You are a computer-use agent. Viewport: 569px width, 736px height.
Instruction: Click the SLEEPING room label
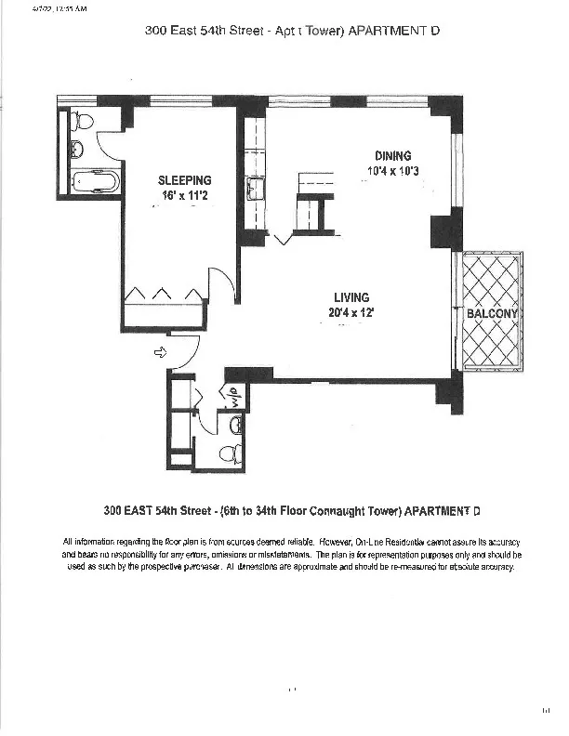[184, 180]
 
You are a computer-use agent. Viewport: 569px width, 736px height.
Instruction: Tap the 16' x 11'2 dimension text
[184, 196]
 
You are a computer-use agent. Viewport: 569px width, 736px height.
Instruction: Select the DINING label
[392, 156]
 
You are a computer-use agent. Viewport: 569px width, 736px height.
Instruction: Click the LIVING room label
[352, 297]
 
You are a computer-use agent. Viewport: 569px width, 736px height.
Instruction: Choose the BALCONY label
[492, 314]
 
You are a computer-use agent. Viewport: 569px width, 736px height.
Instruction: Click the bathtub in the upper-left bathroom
[94, 180]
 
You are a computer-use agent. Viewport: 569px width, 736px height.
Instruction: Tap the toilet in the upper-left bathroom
[82, 120]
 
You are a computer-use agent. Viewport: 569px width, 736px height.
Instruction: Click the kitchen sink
[253, 191]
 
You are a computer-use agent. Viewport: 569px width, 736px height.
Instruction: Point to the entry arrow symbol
[160, 352]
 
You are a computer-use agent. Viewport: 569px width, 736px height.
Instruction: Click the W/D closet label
[234, 396]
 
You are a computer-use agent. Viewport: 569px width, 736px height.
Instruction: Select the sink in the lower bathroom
[236, 426]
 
